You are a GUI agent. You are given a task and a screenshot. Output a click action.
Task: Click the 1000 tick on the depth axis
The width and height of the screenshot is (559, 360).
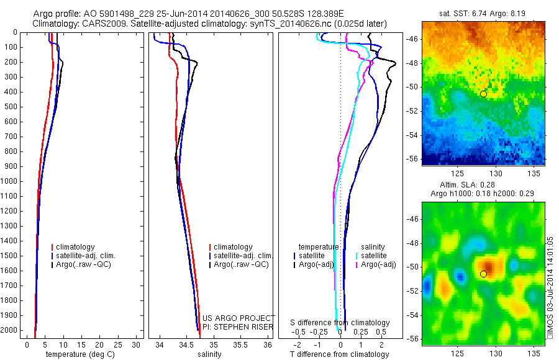pyautogui.click(x=10, y=181)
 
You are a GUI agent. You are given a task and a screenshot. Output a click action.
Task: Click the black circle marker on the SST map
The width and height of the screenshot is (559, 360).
pyautogui.click(x=483, y=94)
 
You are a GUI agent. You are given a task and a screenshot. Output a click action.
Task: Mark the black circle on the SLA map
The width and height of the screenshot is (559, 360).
pyautogui.click(x=484, y=274)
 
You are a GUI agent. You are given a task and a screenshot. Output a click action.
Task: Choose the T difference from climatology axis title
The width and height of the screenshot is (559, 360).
pyautogui.click(x=339, y=354)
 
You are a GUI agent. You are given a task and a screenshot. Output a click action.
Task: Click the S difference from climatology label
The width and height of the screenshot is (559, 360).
pyautogui.click(x=340, y=323)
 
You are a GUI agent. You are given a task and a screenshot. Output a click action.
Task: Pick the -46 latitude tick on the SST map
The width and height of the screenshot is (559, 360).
pyautogui.click(x=413, y=38)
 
